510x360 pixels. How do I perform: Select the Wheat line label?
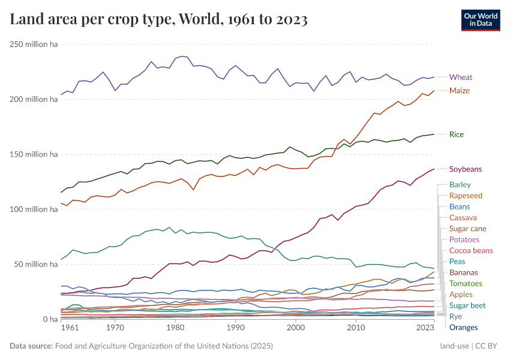tap(461, 77)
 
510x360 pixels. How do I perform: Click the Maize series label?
tap(460, 91)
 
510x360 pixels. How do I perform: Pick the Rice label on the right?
tap(457, 134)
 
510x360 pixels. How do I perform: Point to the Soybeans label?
tap(466, 169)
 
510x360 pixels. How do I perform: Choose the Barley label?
tap(460, 185)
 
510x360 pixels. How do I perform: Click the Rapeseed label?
tap(466, 196)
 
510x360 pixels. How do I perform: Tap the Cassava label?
tap(463, 218)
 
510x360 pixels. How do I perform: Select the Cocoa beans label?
tap(471, 251)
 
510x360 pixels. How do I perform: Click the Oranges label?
tap(464, 328)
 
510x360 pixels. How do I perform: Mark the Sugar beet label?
tap(468, 305)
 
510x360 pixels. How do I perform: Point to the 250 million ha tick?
tap(34, 44)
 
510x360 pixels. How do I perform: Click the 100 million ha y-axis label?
tap(34, 209)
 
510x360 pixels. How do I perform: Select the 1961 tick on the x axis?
tap(70, 328)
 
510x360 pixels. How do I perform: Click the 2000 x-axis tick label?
tap(296, 328)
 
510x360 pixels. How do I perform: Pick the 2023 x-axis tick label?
tap(425, 328)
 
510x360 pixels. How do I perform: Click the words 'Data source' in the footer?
tap(31, 346)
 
